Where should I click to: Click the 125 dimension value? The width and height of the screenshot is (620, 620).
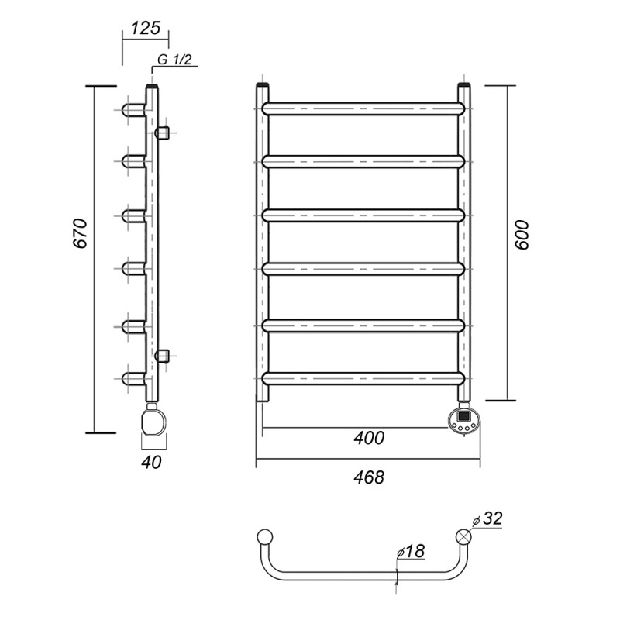146,28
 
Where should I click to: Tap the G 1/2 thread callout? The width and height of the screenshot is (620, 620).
174,60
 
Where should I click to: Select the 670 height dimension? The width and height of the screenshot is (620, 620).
80,233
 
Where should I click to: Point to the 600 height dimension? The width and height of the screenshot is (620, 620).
522,235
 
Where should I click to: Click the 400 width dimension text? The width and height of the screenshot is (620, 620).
369,438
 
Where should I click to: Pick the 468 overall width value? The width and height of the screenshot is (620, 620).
369,477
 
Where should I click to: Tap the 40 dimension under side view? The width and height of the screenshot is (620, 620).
151,462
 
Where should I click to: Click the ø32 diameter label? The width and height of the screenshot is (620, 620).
487,518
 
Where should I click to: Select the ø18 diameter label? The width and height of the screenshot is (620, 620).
411,551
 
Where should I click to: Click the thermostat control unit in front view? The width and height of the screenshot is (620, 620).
464,422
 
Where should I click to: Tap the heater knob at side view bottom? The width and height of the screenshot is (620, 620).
153,422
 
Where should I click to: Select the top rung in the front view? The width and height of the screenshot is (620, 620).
363,108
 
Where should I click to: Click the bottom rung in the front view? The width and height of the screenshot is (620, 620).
363,378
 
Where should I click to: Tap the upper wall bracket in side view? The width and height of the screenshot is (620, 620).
162,133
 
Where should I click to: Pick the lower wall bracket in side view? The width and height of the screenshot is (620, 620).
162,356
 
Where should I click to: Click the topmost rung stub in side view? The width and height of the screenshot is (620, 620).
134,109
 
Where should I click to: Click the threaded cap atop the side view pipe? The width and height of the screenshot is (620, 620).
153,86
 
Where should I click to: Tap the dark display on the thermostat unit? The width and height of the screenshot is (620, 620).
463,416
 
